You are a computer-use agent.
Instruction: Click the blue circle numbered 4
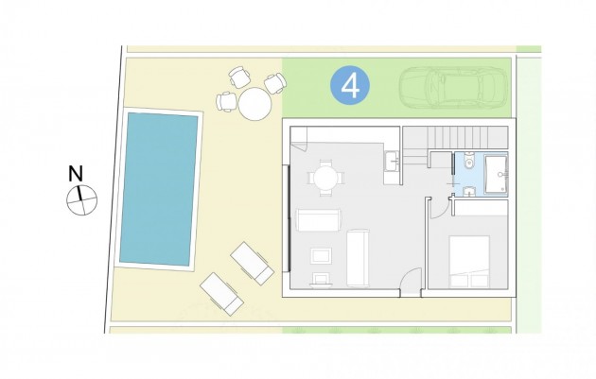350,87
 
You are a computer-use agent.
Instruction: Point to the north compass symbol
82,198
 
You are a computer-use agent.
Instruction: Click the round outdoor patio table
254,104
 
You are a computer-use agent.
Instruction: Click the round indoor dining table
326,176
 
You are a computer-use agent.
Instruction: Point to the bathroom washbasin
470,192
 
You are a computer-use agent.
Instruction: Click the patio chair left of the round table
227,101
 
